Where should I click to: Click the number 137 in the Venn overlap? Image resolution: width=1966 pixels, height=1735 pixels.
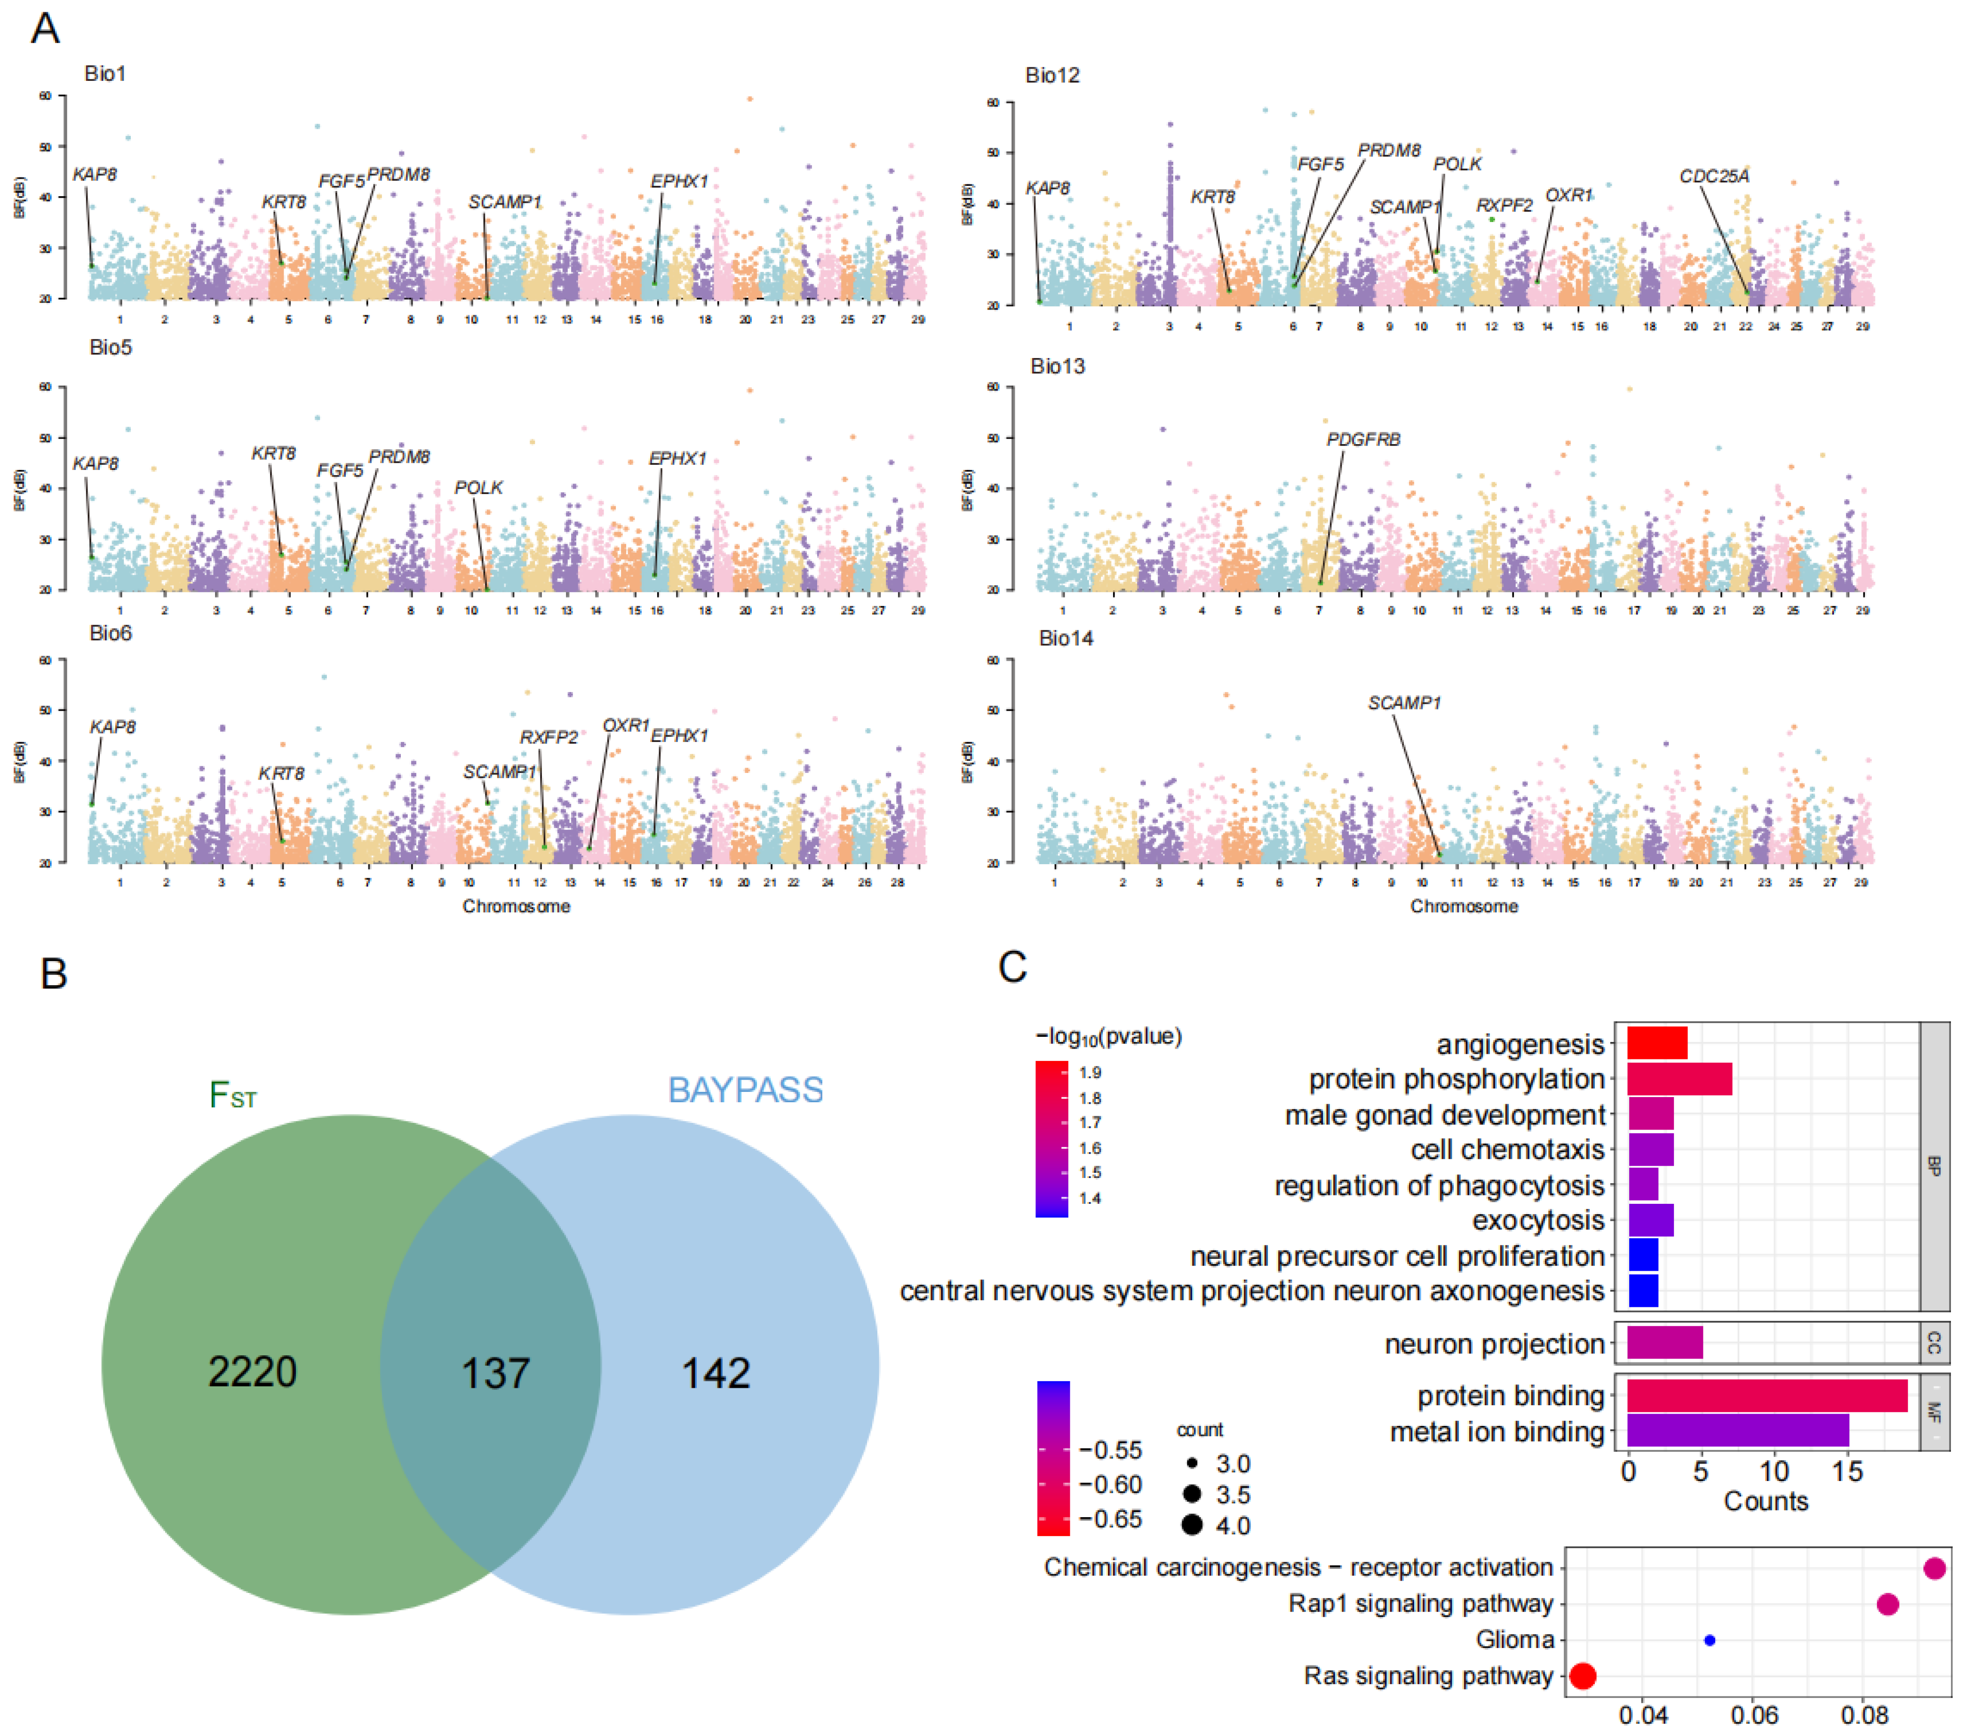[x=495, y=1372]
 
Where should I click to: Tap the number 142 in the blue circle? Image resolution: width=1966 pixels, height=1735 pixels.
[x=716, y=1372]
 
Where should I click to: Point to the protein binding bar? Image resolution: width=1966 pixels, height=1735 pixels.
[x=1766, y=1395]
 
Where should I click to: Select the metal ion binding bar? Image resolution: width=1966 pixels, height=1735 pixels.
[x=1737, y=1431]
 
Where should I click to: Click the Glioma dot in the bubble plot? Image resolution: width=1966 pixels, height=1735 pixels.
[x=1709, y=1640]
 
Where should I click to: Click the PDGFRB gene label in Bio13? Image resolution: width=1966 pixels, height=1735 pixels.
[x=1363, y=439]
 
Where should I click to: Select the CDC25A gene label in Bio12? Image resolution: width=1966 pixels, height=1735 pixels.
[x=1714, y=176]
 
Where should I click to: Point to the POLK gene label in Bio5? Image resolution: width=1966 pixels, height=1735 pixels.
[x=478, y=487]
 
